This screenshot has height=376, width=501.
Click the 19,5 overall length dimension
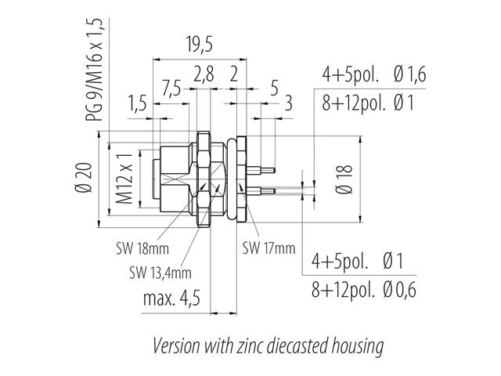(200, 44)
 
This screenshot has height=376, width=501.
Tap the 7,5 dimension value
(171, 88)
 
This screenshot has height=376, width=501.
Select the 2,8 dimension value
(204, 74)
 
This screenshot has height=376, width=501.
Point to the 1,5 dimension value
(138, 103)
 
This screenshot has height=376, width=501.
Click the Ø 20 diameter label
(84, 178)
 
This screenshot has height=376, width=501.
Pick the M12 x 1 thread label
(124, 179)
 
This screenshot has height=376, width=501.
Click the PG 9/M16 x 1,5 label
(94, 70)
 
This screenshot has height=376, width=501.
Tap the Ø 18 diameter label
(344, 179)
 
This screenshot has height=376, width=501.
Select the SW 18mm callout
(142, 248)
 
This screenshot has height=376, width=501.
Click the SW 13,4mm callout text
(160, 273)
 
